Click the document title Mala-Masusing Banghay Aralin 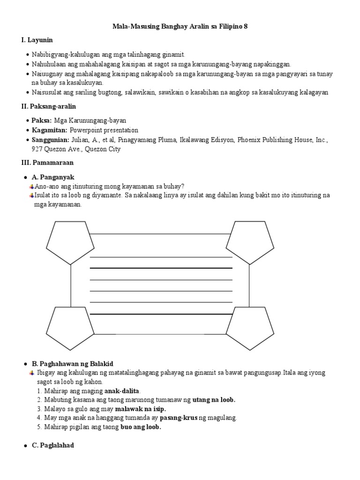180,27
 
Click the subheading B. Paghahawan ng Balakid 72,364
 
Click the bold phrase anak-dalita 124,390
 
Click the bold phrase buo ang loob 141,427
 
